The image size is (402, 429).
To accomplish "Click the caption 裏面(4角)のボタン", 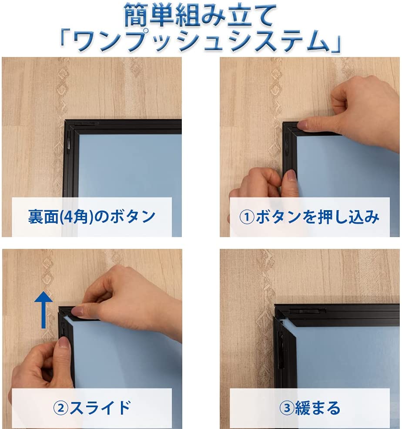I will tap(92, 216).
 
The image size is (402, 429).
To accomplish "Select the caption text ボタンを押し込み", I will tap(317, 217).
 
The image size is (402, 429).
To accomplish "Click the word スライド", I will tap(100, 408).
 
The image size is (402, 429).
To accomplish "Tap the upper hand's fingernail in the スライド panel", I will tap(79, 311).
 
